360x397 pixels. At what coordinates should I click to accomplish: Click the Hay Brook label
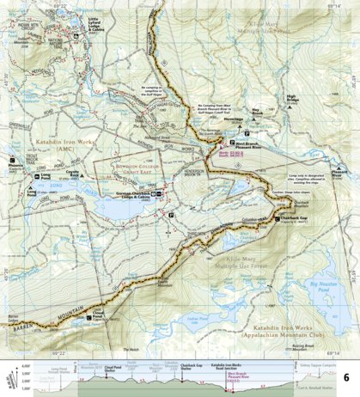point(256,110)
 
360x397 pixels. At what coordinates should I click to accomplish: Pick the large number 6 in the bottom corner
point(346,378)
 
